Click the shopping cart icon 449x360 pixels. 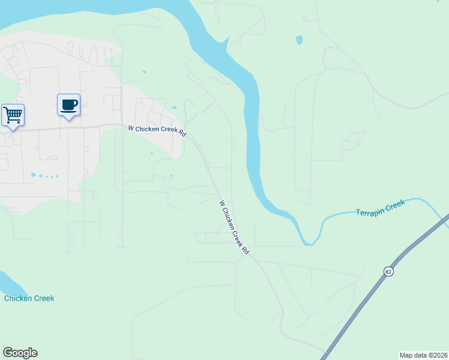click(13, 114)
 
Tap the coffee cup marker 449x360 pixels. click(68, 104)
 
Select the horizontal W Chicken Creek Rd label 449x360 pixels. click(157, 131)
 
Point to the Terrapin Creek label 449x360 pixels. click(381, 208)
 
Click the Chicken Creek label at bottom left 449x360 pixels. click(29, 298)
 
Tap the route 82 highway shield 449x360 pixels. click(388, 272)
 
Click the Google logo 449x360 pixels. click(20, 353)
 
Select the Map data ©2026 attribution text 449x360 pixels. click(423, 355)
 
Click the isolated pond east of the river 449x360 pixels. click(299, 41)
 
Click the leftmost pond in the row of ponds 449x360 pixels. click(33, 175)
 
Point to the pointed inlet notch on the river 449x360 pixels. click(227, 41)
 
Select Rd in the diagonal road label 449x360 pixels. click(245, 250)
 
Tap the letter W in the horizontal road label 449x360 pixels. click(130, 128)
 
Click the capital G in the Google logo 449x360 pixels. click(7, 353)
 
